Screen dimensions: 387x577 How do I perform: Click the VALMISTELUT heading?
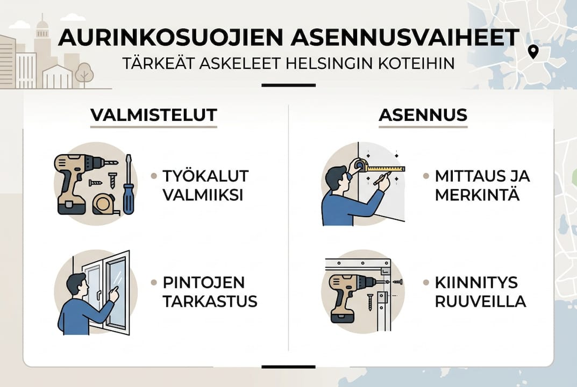[153, 115]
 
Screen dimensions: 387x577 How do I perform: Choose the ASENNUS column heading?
[423, 115]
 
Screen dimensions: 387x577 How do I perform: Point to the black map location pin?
[533, 52]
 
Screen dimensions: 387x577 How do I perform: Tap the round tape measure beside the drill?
[104, 204]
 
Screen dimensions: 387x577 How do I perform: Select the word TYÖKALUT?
[205, 176]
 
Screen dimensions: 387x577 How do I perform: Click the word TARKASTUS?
[210, 302]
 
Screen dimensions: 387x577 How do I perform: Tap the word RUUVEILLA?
[480, 302]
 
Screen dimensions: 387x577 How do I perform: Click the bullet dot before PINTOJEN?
[154, 282]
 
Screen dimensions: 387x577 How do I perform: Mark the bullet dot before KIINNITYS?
[426, 282]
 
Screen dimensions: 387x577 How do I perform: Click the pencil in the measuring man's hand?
[381, 178]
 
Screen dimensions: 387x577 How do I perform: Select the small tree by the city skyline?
[84, 73]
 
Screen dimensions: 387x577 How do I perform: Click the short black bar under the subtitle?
[288, 85]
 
